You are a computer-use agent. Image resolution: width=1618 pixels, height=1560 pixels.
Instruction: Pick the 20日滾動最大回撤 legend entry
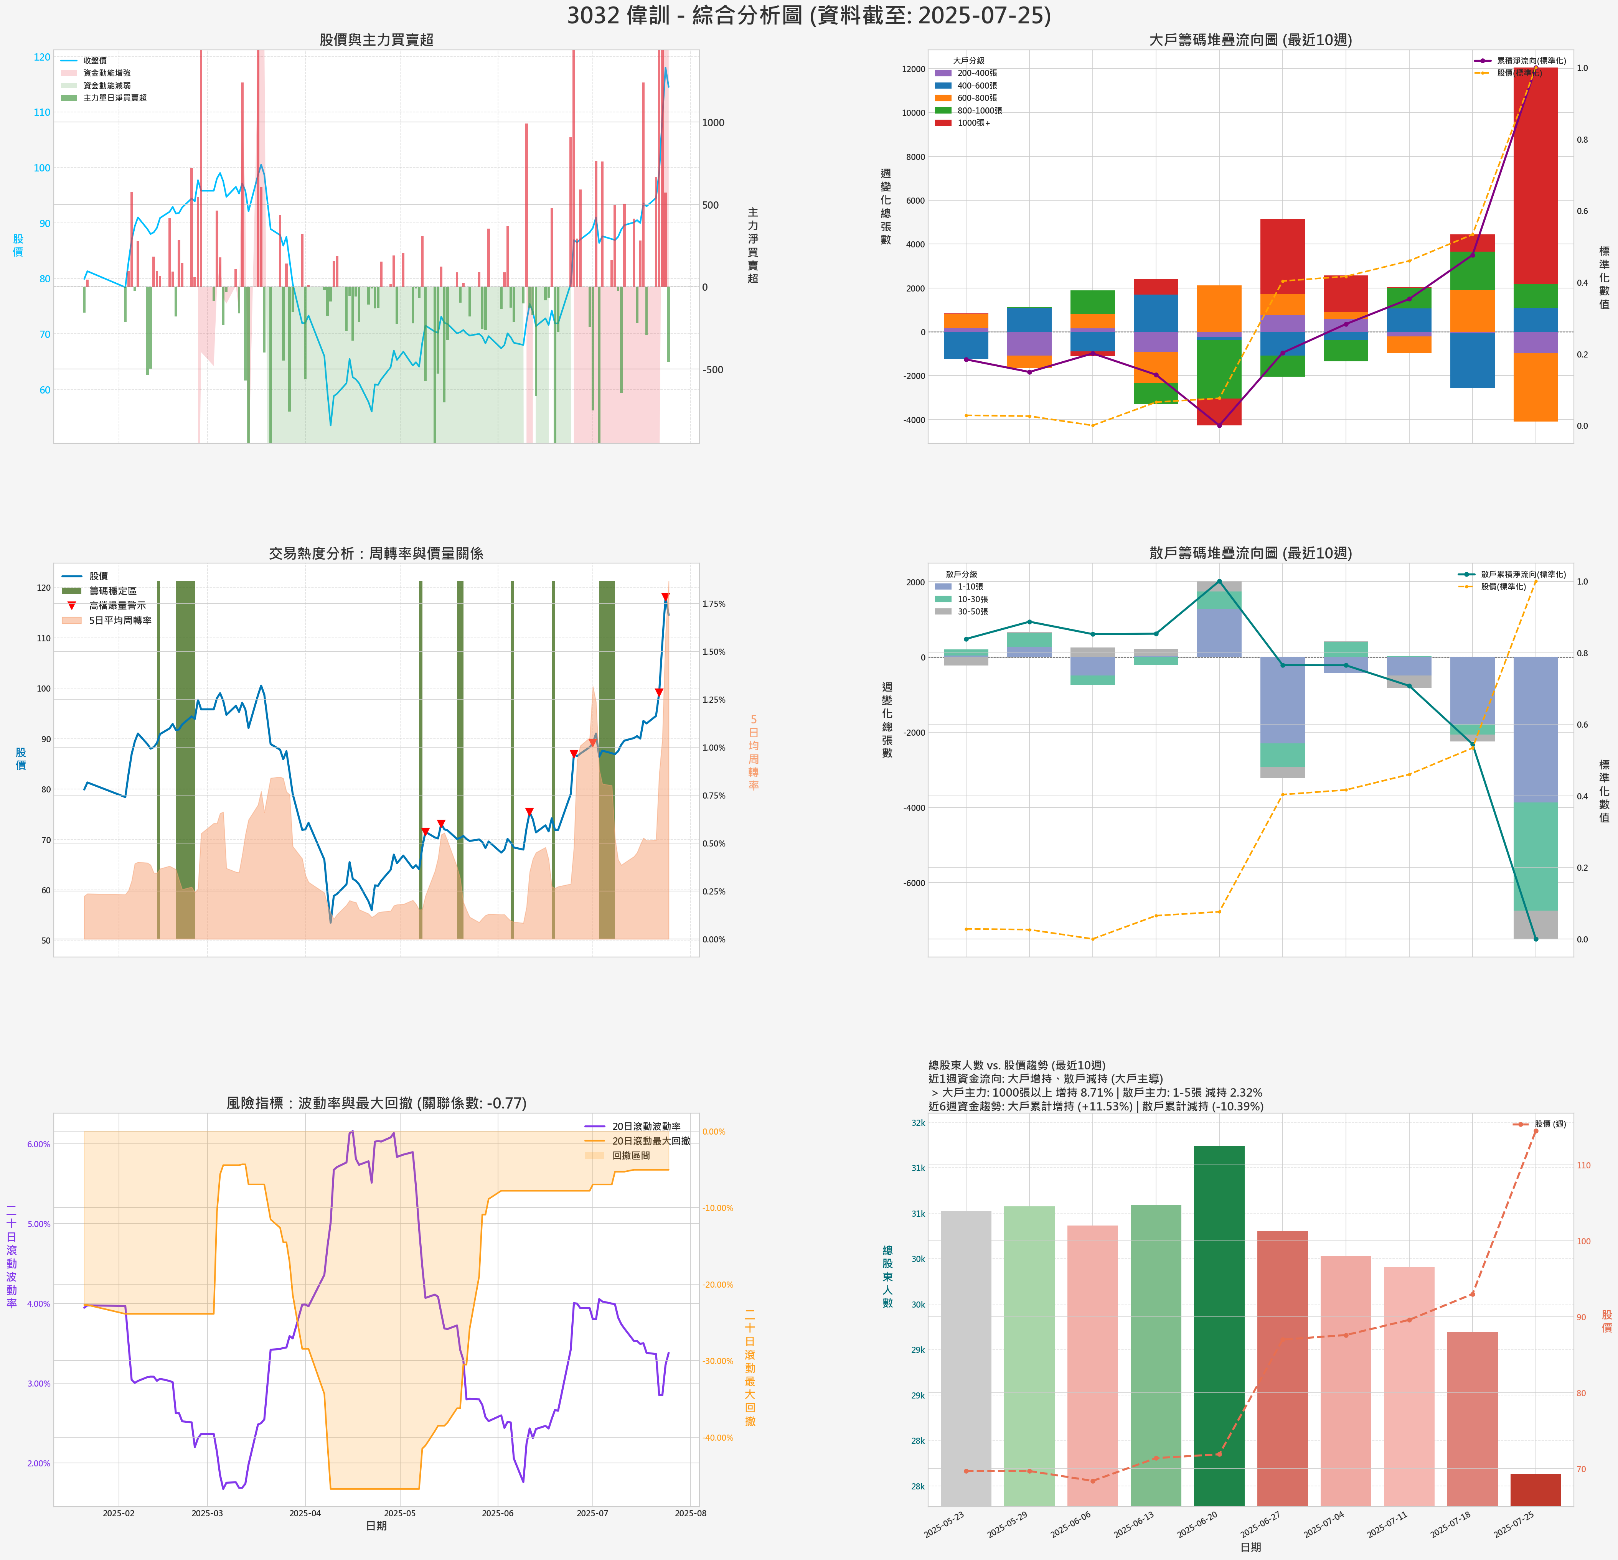click(650, 1141)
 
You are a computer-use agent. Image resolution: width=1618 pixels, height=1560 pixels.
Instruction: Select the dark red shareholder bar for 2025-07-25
click(1536, 1490)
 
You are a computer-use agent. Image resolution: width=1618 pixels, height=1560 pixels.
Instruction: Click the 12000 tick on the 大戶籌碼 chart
click(913, 69)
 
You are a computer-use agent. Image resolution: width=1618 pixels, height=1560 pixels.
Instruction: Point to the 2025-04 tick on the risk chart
click(305, 1513)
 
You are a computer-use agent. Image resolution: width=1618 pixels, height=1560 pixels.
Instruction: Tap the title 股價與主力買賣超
click(376, 40)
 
